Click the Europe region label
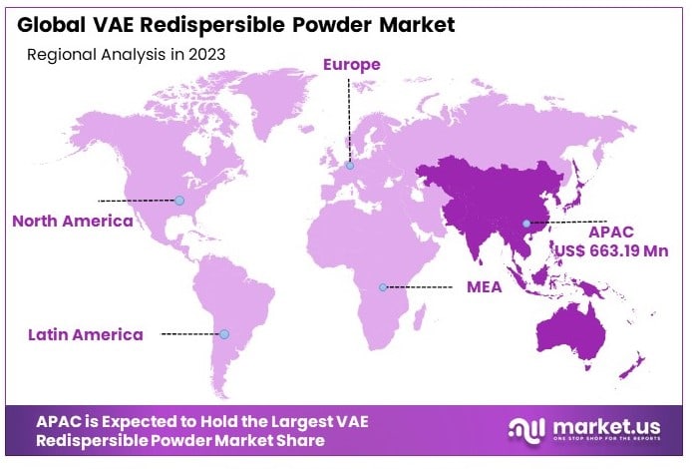coord(350,66)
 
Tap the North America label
coord(72,221)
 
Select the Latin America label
coord(85,334)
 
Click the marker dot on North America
coord(179,201)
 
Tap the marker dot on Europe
coord(350,166)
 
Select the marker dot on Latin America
coord(223,333)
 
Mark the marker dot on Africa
coord(383,287)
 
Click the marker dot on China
coord(526,223)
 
